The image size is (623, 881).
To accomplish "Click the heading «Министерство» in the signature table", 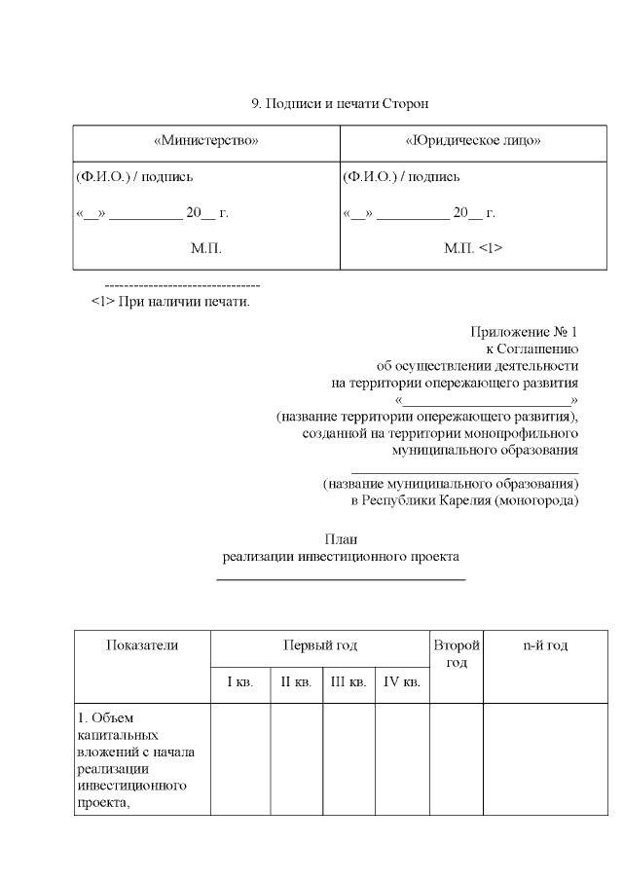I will [206, 140].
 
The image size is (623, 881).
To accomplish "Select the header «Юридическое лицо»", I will [473, 140].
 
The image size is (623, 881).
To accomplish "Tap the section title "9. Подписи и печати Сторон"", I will [340, 102].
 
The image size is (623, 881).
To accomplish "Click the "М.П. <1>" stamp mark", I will [473, 248].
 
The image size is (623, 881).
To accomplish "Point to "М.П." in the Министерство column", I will [206, 248].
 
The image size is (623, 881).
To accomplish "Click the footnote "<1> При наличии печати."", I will [170, 301].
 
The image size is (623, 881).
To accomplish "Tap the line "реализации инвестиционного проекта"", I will [341, 557].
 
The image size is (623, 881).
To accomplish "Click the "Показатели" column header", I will [142, 645].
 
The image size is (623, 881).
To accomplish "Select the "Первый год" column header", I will [319, 645].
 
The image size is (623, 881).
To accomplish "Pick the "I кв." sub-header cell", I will [240, 682].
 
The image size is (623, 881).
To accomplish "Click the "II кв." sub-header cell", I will [296, 682].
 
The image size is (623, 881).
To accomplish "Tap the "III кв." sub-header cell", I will [348, 682].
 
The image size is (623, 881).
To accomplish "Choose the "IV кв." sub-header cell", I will [402, 682].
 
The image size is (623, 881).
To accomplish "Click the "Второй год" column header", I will [457, 654].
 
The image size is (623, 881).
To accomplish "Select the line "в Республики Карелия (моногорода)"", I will [464, 500].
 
